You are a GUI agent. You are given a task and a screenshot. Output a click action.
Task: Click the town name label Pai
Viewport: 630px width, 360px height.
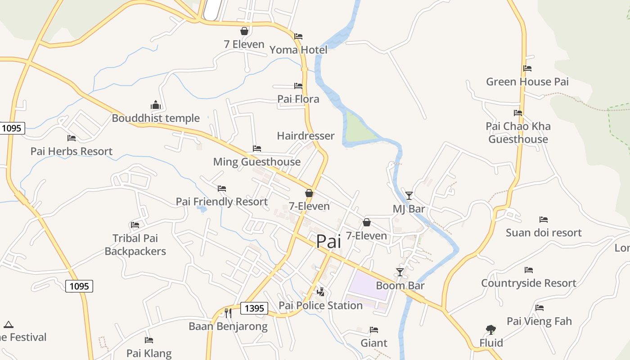pyautogui.click(x=328, y=242)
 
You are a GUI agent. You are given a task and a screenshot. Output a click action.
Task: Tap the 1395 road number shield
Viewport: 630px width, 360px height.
pyautogui.click(x=254, y=308)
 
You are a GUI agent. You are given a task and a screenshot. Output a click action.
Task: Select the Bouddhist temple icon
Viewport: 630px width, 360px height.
pyautogui.click(x=156, y=105)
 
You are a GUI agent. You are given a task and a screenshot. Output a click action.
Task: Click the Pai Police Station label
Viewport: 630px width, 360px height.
pyautogui.click(x=320, y=306)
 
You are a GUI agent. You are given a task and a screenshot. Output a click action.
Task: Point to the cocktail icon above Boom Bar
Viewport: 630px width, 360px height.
pyautogui.click(x=400, y=272)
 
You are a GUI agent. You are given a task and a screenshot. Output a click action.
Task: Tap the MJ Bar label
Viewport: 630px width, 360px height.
pyautogui.click(x=409, y=209)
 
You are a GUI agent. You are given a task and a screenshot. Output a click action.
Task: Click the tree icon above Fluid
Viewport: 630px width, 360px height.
pyautogui.click(x=490, y=330)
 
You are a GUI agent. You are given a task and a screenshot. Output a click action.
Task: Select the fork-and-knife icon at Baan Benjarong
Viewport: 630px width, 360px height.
pyautogui.click(x=228, y=313)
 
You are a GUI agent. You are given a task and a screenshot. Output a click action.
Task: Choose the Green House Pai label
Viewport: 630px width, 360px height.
pyautogui.click(x=527, y=82)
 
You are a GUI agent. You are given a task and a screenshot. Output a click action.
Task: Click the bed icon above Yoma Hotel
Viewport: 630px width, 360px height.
pyautogui.click(x=298, y=36)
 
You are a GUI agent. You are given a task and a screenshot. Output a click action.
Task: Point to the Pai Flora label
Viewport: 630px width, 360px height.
pyautogui.click(x=298, y=99)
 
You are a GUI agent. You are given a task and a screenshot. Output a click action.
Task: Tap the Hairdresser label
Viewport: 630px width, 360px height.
pyautogui.click(x=306, y=136)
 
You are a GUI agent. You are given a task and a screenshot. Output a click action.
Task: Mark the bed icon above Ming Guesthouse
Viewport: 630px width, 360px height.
pyautogui.click(x=257, y=148)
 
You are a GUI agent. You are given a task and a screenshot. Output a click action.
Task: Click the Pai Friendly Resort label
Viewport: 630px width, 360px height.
pyautogui.click(x=221, y=202)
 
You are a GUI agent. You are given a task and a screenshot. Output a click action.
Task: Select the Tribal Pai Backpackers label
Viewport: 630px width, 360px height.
pyautogui.click(x=135, y=245)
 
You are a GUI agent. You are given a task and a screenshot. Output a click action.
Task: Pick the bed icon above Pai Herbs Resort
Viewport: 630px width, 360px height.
pyautogui.click(x=71, y=138)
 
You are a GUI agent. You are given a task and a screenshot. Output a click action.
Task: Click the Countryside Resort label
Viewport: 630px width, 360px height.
pyautogui.click(x=528, y=283)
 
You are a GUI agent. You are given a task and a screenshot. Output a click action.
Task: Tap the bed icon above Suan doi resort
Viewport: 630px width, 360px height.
pyautogui.click(x=544, y=220)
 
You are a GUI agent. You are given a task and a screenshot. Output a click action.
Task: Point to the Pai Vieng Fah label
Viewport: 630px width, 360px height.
pyautogui.click(x=539, y=321)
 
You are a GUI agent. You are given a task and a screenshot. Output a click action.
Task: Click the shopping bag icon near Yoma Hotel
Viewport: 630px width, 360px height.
pyautogui.click(x=244, y=31)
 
